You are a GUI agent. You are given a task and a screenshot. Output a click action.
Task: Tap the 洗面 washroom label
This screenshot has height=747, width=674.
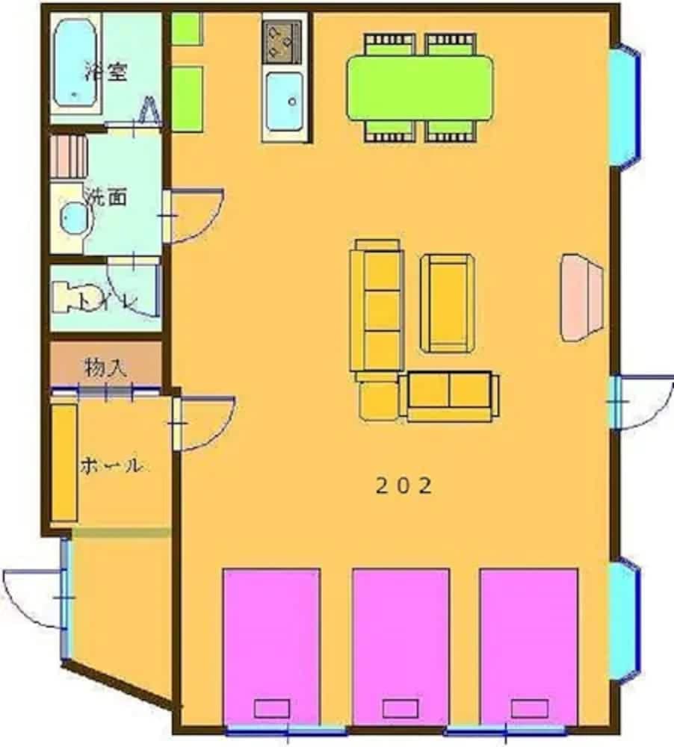coord(105,198)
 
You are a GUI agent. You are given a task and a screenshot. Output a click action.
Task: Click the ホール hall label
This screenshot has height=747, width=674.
coord(110,466)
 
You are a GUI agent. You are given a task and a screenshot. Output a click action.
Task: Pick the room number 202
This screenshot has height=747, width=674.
coord(403,486)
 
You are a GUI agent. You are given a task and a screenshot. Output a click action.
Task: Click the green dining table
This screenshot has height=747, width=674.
coord(420,87)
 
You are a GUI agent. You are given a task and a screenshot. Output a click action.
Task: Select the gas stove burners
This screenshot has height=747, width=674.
coord(282,41)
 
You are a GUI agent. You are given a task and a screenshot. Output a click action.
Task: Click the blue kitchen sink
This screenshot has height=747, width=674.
coord(283,102)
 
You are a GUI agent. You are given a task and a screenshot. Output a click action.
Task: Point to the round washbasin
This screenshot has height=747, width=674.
coord(74,218)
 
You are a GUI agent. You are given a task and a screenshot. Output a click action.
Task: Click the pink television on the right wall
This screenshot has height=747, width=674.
coord(581,297)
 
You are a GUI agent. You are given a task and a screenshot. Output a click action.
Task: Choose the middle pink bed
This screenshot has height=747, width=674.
coord(401,646)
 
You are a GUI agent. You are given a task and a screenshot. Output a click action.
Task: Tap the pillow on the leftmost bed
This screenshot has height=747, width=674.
coord(272,708)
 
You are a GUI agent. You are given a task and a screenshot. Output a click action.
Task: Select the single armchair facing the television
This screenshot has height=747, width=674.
coord(447,303)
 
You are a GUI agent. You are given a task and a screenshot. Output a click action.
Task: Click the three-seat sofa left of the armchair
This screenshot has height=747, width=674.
coord(377,309)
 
